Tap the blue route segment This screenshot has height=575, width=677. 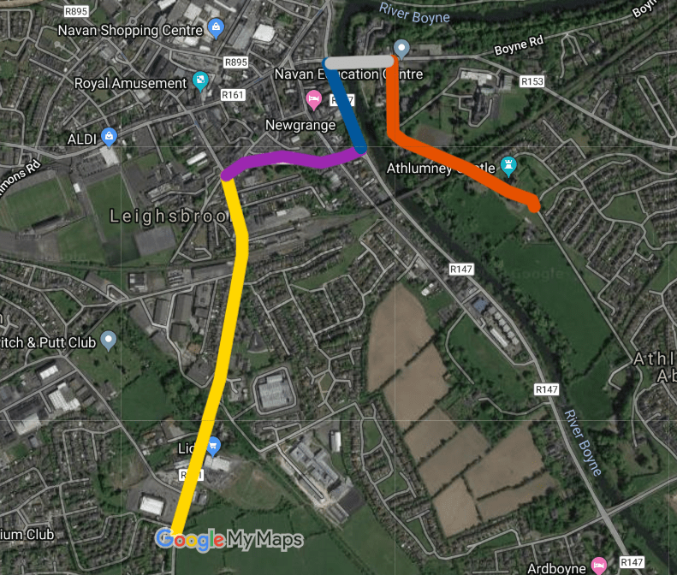point(346,107)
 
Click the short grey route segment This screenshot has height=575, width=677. point(360,62)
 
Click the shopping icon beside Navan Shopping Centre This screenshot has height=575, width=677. point(216,27)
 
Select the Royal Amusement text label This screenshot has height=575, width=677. point(130,84)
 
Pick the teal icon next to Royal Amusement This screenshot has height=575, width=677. point(200,82)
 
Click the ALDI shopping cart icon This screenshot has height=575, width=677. point(109,136)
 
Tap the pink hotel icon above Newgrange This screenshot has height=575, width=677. point(314,101)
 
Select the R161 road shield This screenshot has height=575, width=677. point(232,94)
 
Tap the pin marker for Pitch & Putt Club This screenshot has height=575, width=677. point(108,341)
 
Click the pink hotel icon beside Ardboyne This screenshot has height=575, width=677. point(600,565)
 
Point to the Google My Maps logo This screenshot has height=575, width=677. point(229,539)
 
